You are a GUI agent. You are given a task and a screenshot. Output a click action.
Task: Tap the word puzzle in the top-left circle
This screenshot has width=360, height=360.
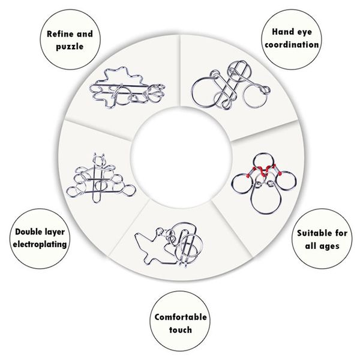click(70, 47)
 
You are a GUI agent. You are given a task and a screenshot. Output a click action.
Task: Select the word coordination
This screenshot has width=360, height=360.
click(292, 44)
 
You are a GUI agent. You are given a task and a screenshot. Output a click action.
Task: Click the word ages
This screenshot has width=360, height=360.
click(329, 247)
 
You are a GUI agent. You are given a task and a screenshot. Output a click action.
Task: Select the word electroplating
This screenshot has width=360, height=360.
click(40, 244)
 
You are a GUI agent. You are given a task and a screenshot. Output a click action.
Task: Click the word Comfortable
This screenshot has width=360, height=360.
click(181, 317)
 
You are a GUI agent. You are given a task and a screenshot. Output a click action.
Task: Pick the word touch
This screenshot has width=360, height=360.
click(181, 329)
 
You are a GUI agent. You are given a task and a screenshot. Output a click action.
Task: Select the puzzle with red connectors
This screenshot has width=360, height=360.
click(264, 184)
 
